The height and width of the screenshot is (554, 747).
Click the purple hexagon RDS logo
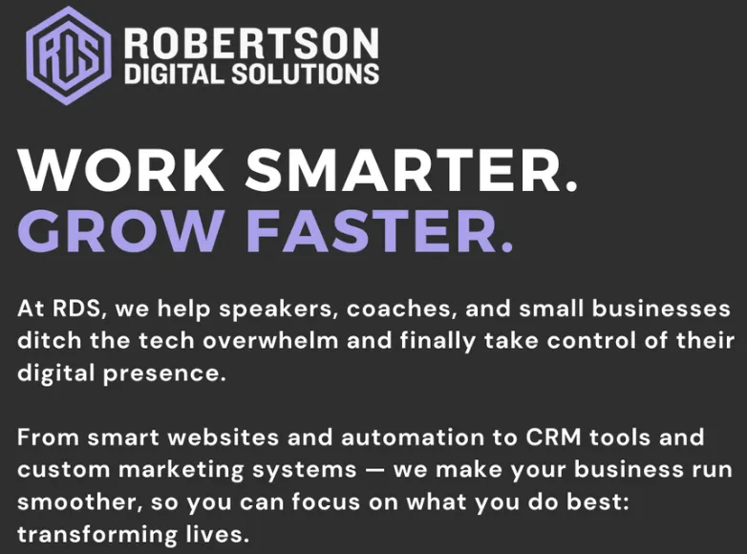tap(69, 55)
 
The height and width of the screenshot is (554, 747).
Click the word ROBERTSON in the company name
tap(251, 43)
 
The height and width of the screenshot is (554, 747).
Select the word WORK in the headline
tap(121, 170)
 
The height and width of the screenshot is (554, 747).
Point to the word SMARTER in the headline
tap(411, 170)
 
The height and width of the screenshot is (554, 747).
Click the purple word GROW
tap(120, 230)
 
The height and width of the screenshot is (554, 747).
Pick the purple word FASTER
tap(379, 230)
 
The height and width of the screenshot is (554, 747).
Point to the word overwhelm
tap(270, 341)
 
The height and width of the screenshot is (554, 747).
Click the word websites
tap(223, 437)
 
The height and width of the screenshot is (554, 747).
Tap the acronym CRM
tap(553, 437)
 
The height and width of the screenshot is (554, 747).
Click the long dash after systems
tap(374, 470)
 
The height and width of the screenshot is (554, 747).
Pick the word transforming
tap(97, 535)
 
